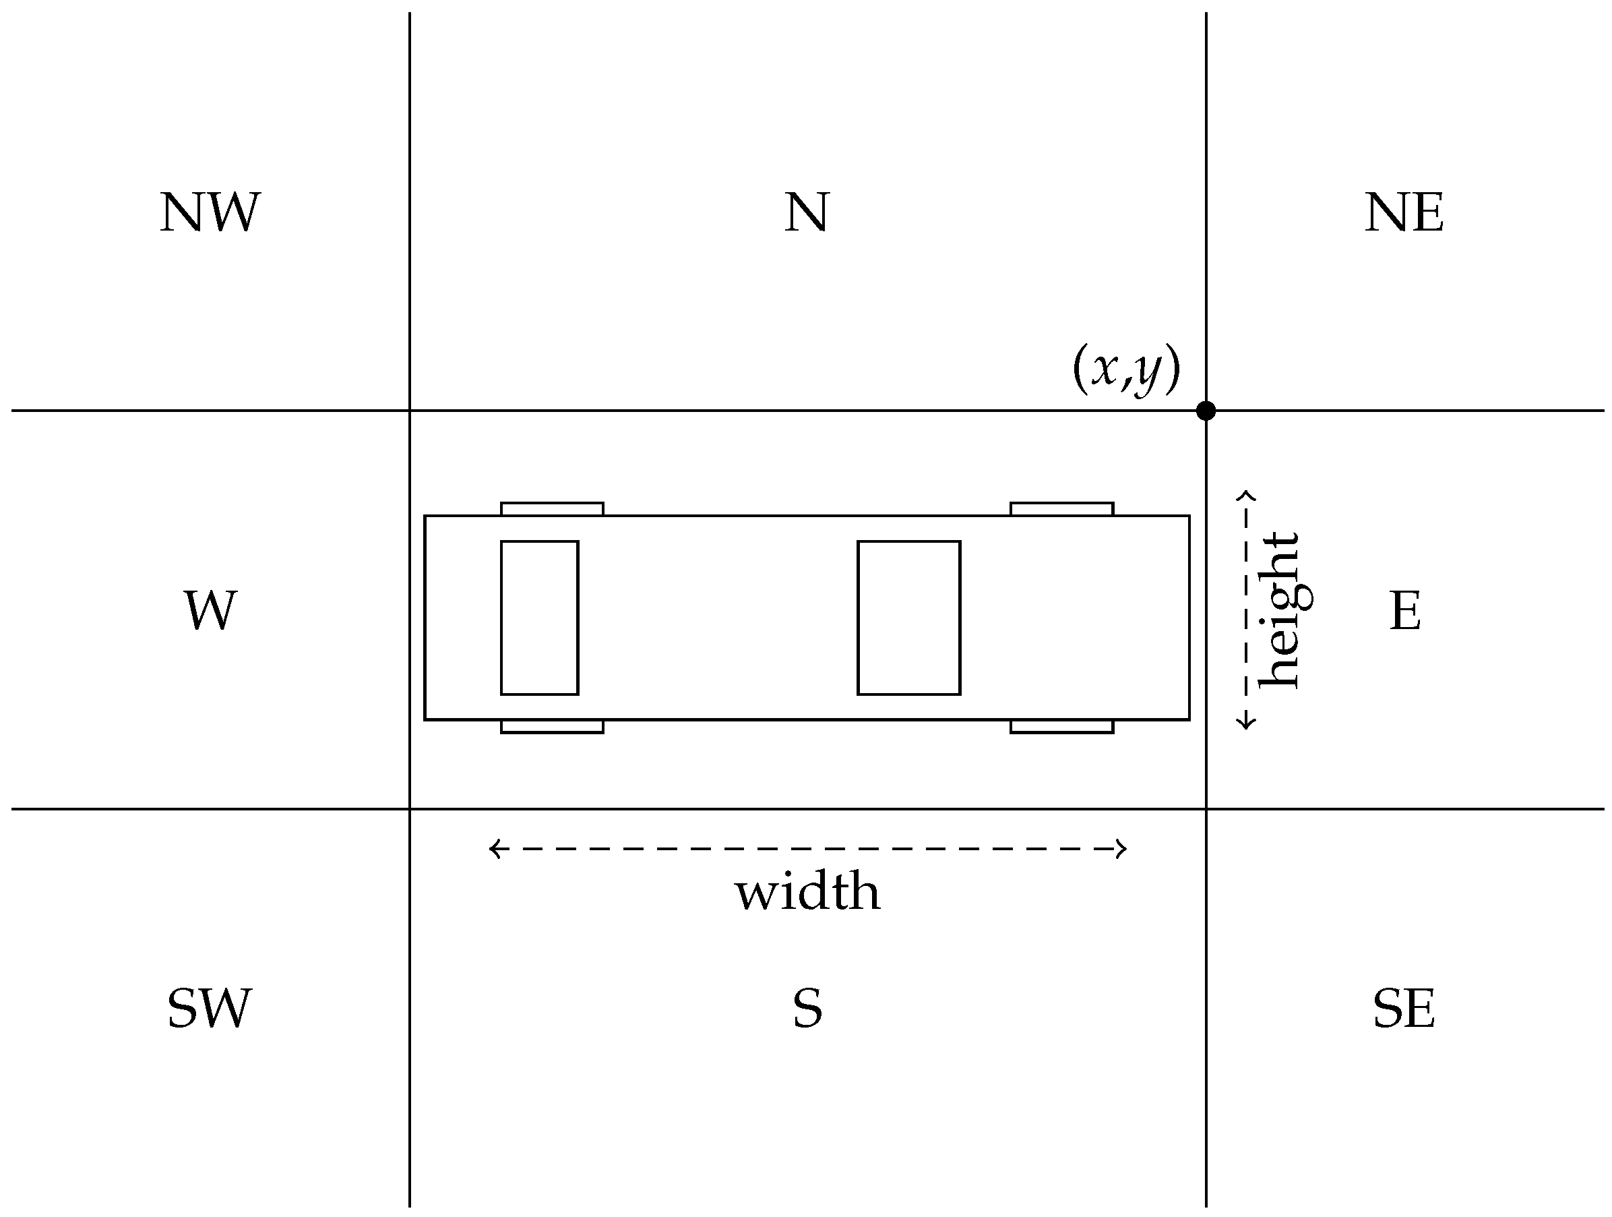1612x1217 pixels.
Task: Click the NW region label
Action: [210, 213]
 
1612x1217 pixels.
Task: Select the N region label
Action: [807, 213]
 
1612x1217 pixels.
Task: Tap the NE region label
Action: [1404, 213]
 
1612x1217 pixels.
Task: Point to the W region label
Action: [210, 610]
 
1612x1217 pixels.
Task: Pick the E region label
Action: [1405, 610]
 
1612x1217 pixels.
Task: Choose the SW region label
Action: [210, 1009]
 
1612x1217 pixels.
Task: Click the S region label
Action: [807, 1009]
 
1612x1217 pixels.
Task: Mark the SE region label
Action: [1404, 1009]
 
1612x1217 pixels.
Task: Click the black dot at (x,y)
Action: [1206, 411]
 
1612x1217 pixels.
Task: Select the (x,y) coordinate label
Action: [1126, 369]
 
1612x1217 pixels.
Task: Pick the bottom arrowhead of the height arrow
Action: [1246, 723]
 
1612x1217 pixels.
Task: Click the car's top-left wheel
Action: [552, 509]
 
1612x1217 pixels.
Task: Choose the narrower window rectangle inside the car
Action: [539, 618]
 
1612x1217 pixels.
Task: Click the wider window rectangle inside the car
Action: [908, 618]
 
